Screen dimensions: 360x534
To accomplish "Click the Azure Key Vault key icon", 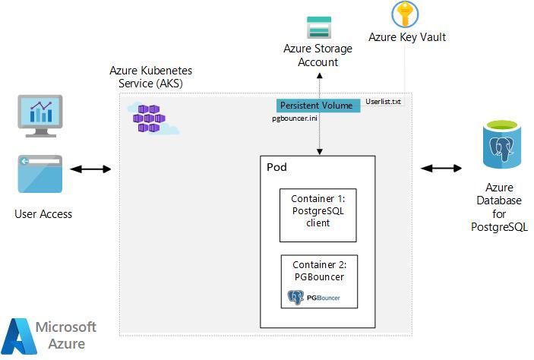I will point(405,14).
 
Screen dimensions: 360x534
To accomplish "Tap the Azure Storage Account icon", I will point(318,27).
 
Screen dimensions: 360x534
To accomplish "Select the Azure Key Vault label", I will point(406,36).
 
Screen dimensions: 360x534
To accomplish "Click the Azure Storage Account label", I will point(318,55).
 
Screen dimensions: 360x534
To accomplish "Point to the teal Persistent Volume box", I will point(317,105).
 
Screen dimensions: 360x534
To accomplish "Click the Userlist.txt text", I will point(383,101).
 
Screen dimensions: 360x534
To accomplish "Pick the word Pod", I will point(276,166).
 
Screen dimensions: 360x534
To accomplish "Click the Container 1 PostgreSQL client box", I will point(318,215).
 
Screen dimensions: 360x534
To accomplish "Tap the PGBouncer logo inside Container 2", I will point(313,297).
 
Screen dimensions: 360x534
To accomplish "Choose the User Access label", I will point(43,214).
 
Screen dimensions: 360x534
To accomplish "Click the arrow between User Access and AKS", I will point(96,168).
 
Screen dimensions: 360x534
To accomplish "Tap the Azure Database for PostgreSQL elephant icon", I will point(499,147).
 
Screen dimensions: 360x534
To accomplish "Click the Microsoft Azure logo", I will point(50,334).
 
